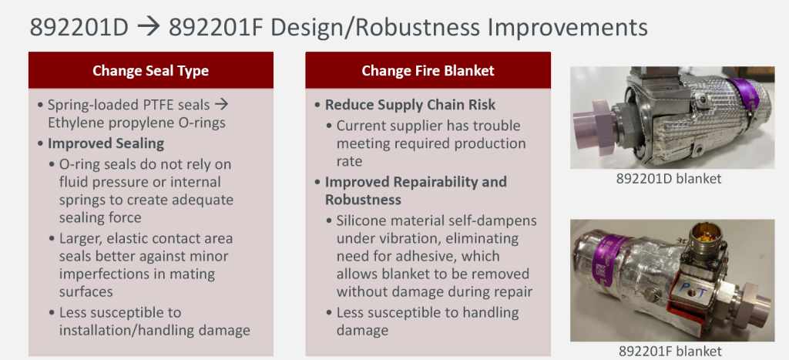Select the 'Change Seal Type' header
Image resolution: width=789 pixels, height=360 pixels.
(150, 70)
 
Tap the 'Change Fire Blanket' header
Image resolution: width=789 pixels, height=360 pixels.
(428, 70)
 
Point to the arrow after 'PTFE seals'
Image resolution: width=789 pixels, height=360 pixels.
(221, 105)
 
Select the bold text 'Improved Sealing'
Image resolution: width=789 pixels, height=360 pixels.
(106, 143)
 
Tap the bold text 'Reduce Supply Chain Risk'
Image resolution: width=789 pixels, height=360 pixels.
(410, 105)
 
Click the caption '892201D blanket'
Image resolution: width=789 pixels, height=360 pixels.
(669, 178)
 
